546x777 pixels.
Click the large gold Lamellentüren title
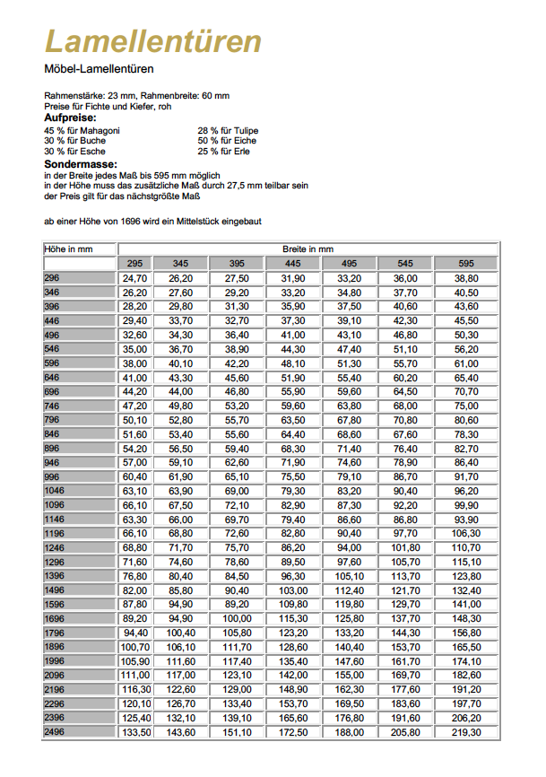153,41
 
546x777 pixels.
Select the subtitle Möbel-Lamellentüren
99,69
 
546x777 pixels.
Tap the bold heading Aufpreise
70,118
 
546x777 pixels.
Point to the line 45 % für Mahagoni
82,130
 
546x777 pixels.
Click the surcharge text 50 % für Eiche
227,141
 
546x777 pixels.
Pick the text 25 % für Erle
225,151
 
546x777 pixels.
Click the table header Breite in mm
308,249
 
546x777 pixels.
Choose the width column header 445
292,264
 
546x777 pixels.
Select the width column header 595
466,264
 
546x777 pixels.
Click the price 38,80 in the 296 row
466,279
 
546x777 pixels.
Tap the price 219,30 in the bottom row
466,732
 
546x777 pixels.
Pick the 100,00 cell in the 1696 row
237,618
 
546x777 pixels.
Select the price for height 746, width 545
406,406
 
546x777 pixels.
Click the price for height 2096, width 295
134,675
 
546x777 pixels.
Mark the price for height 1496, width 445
292,590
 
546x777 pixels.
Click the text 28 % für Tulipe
228,130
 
